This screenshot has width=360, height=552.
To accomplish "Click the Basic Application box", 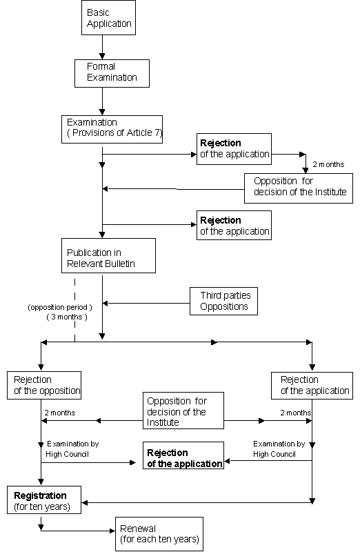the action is pyautogui.click(x=108, y=18).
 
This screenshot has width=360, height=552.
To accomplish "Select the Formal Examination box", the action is pyautogui.click(x=112, y=73).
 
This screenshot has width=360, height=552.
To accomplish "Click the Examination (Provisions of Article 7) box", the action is pyautogui.click(x=112, y=129).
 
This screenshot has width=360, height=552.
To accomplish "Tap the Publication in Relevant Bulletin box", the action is pyautogui.click(x=108, y=255).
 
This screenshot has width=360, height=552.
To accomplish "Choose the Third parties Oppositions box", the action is pyautogui.click(x=223, y=301).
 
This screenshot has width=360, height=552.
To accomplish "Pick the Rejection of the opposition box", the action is pyautogui.click(x=44, y=385).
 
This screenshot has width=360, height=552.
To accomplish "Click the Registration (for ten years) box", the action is pyautogui.click(x=44, y=500).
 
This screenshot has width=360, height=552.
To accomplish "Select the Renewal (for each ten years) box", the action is pyautogui.click(x=159, y=534).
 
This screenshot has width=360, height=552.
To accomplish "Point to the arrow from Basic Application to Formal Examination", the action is pyautogui.click(x=102, y=47).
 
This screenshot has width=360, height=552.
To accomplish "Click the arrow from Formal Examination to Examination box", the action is pyautogui.click(x=102, y=101).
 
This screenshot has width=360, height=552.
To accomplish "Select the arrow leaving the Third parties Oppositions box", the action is pyautogui.click(x=146, y=303).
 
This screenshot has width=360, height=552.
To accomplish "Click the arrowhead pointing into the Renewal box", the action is pyautogui.click(x=112, y=531).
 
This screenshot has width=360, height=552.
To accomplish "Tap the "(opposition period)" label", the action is pyautogui.click(x=60, y=307).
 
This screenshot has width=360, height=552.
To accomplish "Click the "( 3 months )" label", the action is pyautogui.click(x=67, y=317).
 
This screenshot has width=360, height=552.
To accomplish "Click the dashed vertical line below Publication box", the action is pyautogui.click(x=74, y=310).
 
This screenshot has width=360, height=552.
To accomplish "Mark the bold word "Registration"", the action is pyautogui.click(x=40, y=495).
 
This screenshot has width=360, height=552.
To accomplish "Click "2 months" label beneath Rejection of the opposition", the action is pyautogui.click(x=60, y=413).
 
